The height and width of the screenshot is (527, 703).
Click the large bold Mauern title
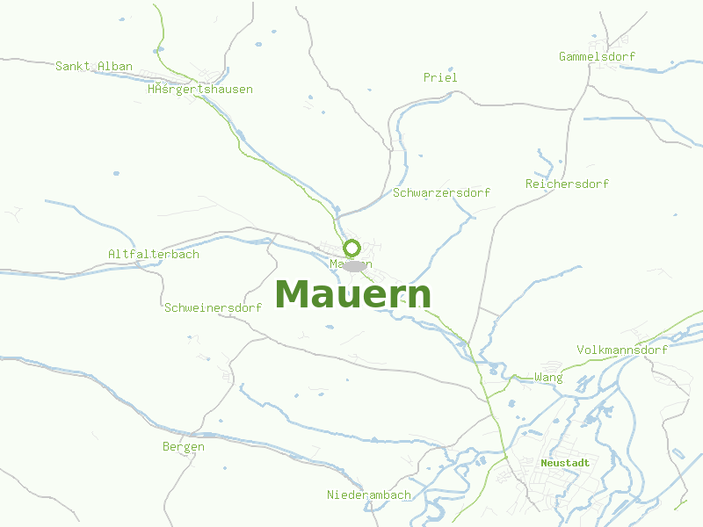pyautogui.click(x=353, y=295)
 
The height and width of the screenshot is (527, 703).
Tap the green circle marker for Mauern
pyautogui.click(x=352, y=248)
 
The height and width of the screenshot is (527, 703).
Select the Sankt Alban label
pyautogui.click(x=94, y=66)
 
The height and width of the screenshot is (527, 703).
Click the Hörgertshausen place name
pyautogui.click(x=200, y=89)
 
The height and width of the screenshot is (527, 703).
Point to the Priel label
pyautogui.click(x=440, y=77)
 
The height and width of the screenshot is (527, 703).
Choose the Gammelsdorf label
pyautogui.click(x=597, y=57)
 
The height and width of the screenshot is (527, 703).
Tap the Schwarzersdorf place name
pyautogui.click(x=442, y=192)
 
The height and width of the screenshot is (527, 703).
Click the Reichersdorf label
pyautogui.click(x=567, y=184)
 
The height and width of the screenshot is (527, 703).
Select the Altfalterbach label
pyautogui.click(x=154, y=254)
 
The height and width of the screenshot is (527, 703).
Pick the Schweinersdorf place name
pyautogui.click(x=214, y=307)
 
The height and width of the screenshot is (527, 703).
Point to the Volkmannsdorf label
pyautogui.click(x=622, y=350)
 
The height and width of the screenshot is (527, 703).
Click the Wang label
pyautogui.click(x=548, y=378)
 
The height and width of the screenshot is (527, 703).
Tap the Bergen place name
pyautogui.click(x=184, y=446)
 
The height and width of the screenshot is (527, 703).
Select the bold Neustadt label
pyautogui.click(x=565, y=462)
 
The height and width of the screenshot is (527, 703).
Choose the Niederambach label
pyautogui.click(x=369, y=495)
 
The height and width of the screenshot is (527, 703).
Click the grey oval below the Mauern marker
pyautogui.click(x=354, y=265)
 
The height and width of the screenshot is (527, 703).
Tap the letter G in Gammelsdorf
pyautogui.click(x=563, y=57)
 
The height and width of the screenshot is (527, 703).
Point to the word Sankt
pyautogui.click(x=73, y=66)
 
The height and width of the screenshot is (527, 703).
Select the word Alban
pyautogui.click(x=115, y=66)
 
